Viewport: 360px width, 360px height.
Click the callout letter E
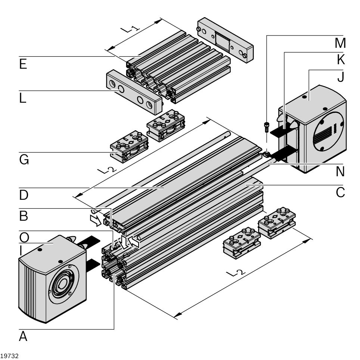tap(23, 64)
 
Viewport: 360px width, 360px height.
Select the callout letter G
tap(24, 160)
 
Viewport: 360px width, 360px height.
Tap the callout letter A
tap(23, 336)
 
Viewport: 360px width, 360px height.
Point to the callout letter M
tap(340, 43)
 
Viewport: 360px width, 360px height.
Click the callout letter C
tap(340, 192)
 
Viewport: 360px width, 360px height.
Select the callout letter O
tap(24, 237)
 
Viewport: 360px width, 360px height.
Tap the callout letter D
tap(24, 195)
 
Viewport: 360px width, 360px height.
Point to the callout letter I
tap(21, 250)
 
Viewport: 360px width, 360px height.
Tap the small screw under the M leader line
tap(267, 127)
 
